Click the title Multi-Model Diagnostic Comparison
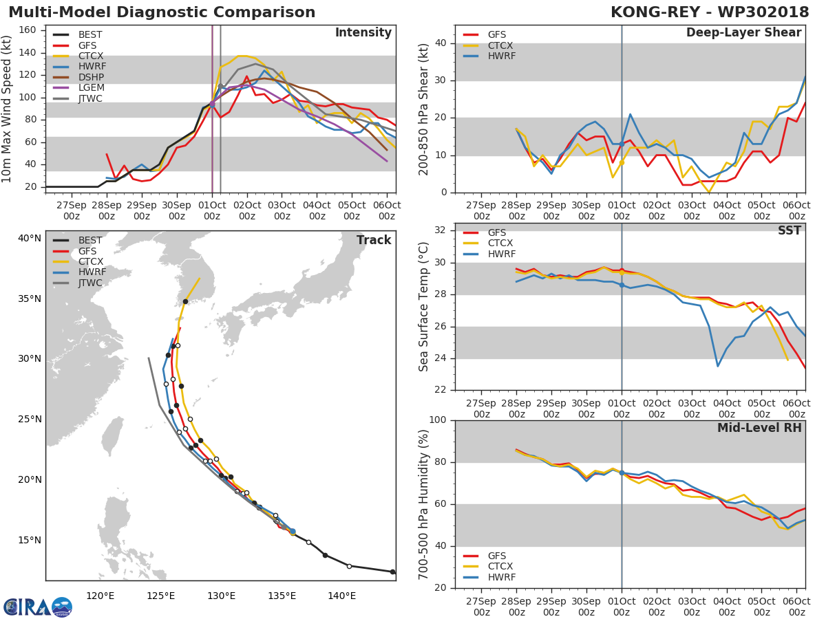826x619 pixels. pyautogui.click(x=162, y=12)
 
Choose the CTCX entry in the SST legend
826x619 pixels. pyautogui.click(x=500, y=243)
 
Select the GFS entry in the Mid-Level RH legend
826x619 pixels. pyautogui.click(x=497, y=556)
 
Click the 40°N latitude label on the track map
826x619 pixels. pyautogui.click(x=30, y=239)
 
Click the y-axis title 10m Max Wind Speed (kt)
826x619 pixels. pyautogui.click(x=8, y=110)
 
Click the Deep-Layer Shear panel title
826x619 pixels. pyautogui.click(x=743, y=33)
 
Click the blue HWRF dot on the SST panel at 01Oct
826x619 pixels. pyautogui.click(x=622, y=285)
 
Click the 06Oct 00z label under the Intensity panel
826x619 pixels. pyautogui.click(x=387, y=211)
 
